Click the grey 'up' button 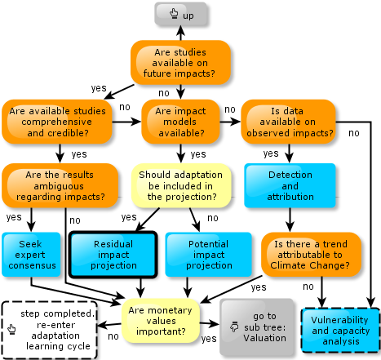(x=180, y=14)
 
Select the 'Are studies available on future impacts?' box (x=180, y=63)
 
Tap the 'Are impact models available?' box (x=180, y=122)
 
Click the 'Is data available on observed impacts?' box (x=288, y=122)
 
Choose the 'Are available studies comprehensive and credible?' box (x=57, y=122)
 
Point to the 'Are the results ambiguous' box (x=60, y=185)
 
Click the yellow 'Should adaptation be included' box (x=181, y=185)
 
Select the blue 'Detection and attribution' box (x=290, y=185)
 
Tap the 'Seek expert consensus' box (x=31, y=255)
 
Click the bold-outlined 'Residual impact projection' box (x=113, y=255)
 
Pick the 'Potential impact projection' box (x=209, y=255)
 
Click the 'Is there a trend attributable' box (x=311, y=255)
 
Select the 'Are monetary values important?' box (x=161, y=321)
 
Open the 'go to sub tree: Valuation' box (x=257, y=327)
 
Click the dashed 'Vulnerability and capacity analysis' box (x=340, y=331)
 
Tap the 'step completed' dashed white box (x=50, y=330)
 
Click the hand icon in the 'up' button (x=174, y=13)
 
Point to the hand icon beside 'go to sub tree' (x=234, y=327)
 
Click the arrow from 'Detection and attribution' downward (x=290, y=220)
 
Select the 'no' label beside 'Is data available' (x=354, y=133)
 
